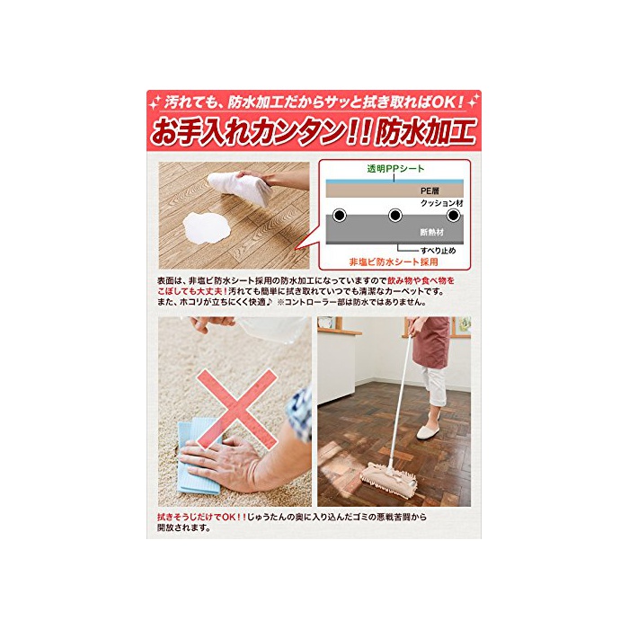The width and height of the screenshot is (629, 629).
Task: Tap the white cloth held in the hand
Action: tap(238, 187)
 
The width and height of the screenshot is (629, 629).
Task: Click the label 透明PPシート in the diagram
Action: tap(395, 169)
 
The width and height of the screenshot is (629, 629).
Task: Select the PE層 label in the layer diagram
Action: tap(430, 190)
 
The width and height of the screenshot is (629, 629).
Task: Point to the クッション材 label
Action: tap(442, 203)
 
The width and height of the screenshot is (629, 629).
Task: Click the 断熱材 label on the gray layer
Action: tap(432, 232)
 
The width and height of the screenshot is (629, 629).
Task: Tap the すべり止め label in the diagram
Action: tap(439, 251)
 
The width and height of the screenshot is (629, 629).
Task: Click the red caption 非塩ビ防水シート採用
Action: tap(394, 262)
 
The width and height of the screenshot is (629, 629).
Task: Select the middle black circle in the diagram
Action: tap(395, 216)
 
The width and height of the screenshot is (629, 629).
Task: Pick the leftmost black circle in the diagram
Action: tap(340, 216)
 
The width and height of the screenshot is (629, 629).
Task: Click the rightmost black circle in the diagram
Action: tap(453, 216)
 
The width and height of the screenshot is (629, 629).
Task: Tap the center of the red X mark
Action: tap(236, 409)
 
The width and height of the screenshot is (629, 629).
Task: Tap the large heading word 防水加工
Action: tap(425, 131)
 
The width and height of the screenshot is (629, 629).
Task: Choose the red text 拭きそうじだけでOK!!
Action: tap(202, 517)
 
